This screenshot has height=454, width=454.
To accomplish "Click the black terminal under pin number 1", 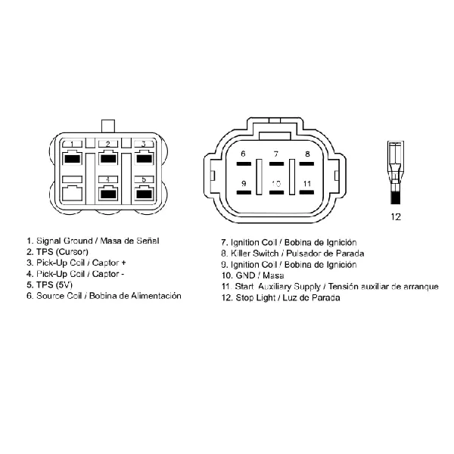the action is pos(72,159).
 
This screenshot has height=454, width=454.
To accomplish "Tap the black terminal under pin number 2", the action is pos(108,159).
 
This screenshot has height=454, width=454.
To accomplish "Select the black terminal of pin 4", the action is pos(108,194).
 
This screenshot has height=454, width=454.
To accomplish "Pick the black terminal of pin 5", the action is pos(144,194).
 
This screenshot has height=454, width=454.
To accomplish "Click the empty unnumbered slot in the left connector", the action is pos(72,194).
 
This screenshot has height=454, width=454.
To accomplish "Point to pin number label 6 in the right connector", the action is pos(243,154).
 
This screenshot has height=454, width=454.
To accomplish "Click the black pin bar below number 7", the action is pos(276,164).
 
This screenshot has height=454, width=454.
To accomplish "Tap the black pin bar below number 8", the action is pos(306,164).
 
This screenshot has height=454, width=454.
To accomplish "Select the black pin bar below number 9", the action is pos(244,192).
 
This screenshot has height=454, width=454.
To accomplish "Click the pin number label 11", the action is pos(307,184).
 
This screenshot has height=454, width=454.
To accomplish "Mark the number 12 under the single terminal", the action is pos(396,216).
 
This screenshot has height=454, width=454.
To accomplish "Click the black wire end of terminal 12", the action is pos(396,197).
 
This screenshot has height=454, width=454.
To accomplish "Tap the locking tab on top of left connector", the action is pos(108,126).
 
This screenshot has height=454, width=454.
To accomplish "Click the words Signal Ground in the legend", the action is pos(64,241).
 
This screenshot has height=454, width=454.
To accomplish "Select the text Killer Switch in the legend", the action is pos(254,253).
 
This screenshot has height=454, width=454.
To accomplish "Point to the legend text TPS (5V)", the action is pos(54,285).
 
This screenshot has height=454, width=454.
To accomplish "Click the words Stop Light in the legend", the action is pos(256,297).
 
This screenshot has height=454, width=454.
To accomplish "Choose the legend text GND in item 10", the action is pos(245,275).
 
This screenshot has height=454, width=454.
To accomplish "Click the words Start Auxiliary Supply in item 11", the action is pos(278,287).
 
